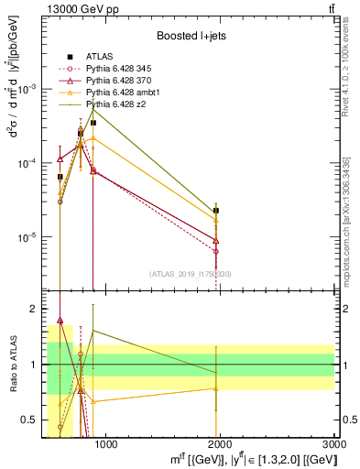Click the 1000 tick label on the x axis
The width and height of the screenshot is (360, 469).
(105, 445)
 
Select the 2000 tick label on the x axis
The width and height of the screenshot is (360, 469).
(220, 445)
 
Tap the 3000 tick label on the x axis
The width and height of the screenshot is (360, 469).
(333, 445)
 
